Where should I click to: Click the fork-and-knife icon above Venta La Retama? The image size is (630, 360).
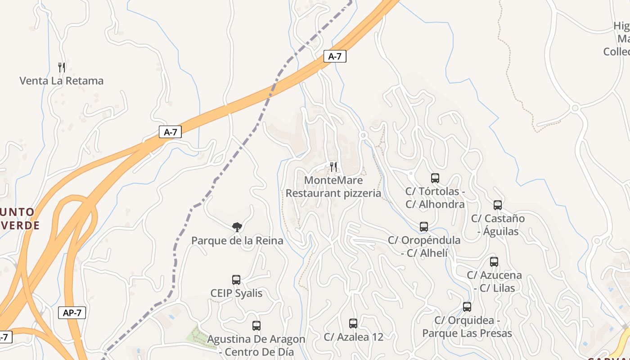[62, 67]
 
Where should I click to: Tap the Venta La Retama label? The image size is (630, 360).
[62, 81]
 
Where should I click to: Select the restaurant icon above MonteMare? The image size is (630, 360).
[333, 167]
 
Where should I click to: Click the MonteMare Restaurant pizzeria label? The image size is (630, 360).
[333, 187]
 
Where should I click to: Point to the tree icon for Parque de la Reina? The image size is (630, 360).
[237, 227]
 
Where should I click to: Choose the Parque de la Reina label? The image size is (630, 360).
[237, 241]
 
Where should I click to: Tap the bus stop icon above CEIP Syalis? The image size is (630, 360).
[236, 280]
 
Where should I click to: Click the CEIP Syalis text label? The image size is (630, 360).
[236, 293]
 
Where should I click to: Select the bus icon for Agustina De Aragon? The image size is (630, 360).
[256, 326]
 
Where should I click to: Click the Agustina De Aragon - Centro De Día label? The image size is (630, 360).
[256, 346]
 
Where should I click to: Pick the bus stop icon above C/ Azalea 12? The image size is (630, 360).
[353, 323]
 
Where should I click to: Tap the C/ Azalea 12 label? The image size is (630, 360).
[353, 337]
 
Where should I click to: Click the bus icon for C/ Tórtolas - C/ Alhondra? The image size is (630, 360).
[435, 178]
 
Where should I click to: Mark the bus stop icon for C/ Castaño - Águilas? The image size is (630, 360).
[498, 205]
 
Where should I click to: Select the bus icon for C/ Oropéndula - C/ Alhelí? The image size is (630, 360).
[424, 227]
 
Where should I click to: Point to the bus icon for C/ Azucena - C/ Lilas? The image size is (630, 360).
[494, 262]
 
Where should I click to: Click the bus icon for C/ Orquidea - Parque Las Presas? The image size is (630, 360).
[467, 307]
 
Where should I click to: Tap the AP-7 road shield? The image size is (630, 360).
[72, 313]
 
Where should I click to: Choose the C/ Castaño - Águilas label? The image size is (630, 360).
[498, 225]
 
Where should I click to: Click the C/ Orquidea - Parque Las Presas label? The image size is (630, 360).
[467, 327]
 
